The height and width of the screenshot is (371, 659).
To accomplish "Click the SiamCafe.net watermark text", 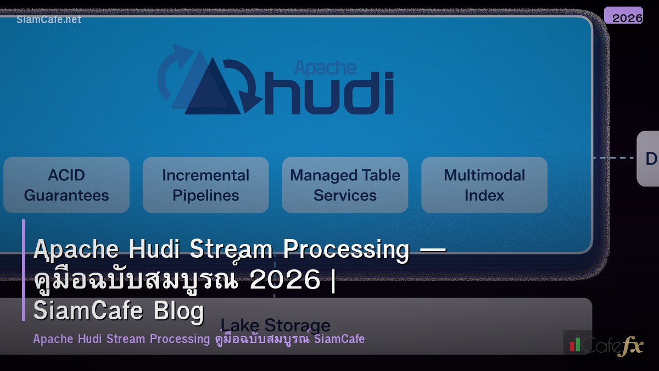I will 49,20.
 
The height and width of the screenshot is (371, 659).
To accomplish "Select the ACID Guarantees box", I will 66,185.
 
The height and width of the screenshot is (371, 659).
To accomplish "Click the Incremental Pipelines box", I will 205,185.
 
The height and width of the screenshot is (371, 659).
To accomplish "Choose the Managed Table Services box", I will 345,185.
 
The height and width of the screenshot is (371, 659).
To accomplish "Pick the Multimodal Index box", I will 484,185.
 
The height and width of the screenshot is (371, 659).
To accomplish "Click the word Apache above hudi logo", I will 325,68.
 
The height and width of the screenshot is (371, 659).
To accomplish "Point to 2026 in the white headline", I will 285,280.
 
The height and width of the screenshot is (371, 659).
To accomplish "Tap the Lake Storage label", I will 275,325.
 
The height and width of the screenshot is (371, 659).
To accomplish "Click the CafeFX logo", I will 606,345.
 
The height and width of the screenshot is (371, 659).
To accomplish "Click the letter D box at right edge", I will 650,159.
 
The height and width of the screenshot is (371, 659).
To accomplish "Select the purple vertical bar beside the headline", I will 24,270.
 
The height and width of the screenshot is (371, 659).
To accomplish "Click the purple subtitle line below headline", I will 199,339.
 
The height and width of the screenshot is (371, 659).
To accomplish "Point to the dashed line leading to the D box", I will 615,158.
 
